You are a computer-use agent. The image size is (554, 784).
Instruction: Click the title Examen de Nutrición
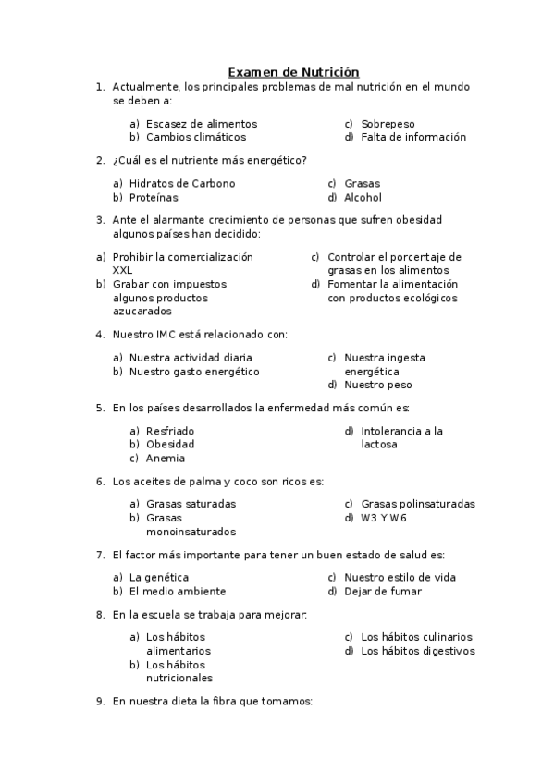(293, 72)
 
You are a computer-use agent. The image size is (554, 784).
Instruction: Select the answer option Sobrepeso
(388, 124)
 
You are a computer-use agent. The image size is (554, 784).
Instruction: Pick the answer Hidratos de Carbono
(182, 184)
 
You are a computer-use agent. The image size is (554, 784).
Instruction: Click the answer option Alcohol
(363, 198)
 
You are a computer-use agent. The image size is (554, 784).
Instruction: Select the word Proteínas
(154, 198)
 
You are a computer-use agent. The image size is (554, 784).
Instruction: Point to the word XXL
(122, 271)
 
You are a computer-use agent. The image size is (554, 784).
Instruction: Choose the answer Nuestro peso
(377, 386)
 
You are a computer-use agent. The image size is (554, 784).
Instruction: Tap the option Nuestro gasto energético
(194, 372)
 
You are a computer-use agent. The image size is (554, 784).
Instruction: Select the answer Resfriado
(170, 431)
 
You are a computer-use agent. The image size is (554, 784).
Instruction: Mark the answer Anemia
(166, 459)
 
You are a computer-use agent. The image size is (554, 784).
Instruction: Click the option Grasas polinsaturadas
(418, 505)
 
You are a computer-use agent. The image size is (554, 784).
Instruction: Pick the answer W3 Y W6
(384, 519)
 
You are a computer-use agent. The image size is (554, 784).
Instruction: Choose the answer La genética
(159, 578)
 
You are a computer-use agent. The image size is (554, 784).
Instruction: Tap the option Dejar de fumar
(383, 592)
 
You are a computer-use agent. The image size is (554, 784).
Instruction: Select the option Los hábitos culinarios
(416, 637)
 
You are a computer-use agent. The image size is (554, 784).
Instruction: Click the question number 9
(99, 702)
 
